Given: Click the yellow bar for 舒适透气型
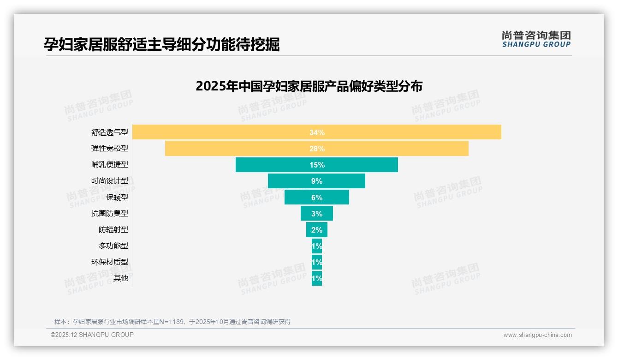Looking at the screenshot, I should pyautogui.click(x=231, y=132).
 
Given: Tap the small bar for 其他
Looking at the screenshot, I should pyautogui.click(x=317, y=278).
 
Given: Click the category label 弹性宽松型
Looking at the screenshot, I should pyautogui.click(x=110, y=149).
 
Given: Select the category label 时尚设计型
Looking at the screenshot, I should pyautogui.click(x=110, y=181).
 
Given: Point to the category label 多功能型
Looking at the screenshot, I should pyautogui.click(x=113, y=246).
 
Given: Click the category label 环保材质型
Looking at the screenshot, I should pyautogui.click(x=110, y=262).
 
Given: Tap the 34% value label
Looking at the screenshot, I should pyautogui.click(x=317, y=132).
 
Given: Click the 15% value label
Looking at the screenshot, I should pyautogui.click(x=317, y=165).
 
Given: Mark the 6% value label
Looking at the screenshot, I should pyautogui.click(x=317, y=198).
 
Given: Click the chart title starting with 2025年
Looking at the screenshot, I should pyautogui.click(x=309, y=86).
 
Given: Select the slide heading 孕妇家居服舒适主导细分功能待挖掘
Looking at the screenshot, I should pyautogui.click(x=161, y=44).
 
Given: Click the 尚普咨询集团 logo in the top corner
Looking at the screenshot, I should pyautogui.click(x=536, y=39).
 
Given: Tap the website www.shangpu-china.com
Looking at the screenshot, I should pyautogui.click(x=537, y=335).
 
